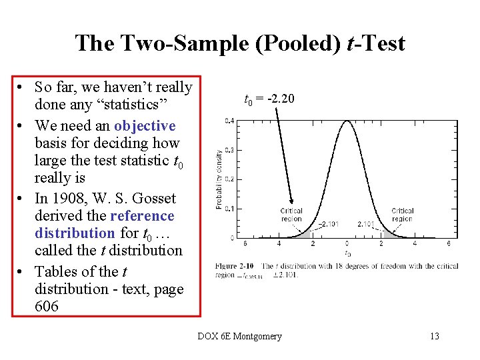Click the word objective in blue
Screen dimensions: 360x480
pyautogui.click(x=145, y=126)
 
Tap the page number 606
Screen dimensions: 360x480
pyautogui.click(x=47, y=307)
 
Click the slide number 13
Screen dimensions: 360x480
pyautogui.click(x=434, y=336)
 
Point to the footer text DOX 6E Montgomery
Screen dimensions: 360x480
pyautogui.click(x=239, y=336)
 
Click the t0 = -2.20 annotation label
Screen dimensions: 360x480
pyautogui.click(x=269, y=100)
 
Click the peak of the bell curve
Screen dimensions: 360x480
pyautogui.click(x=347, y=121)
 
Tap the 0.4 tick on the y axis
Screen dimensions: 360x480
pyautogui.click(x=229, y=121)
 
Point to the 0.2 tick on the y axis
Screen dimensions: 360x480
pyautogui.click(x=229, y=179)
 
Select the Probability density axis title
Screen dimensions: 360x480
pyautogui.click(x=219, y=179)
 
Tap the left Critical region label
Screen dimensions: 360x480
pyautogui.click(x=291, y=215)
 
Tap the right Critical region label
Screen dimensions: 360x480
pyautogui.click(x=402, y=215)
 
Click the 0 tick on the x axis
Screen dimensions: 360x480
pyautogui.click(x=347, y=244)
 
